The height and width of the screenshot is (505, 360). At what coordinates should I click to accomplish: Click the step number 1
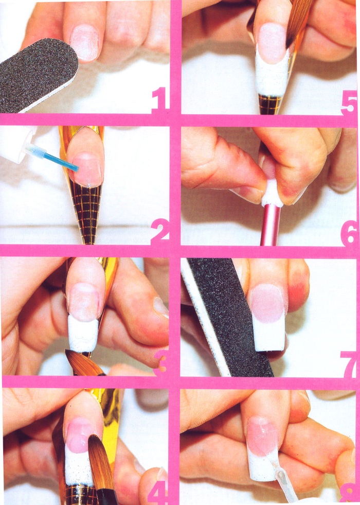160,100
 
